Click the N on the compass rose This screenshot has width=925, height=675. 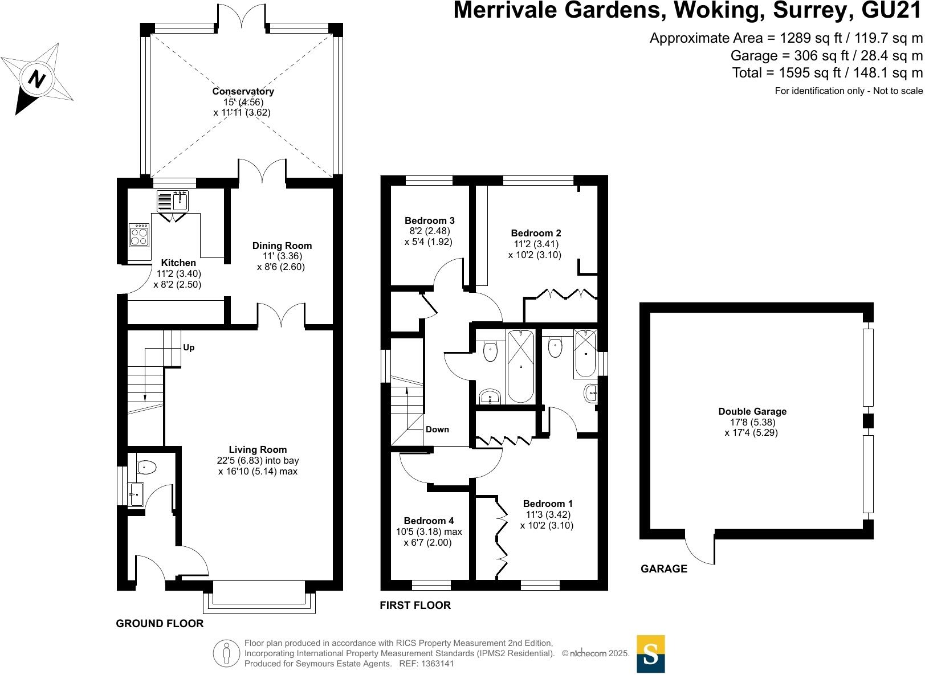tap(36, 79)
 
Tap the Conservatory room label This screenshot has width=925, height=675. tap(243, 91)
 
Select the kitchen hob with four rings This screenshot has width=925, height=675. tap(139, 235)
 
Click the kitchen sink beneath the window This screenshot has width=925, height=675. tap(173, 201)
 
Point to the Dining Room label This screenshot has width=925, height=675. tap(282, 246)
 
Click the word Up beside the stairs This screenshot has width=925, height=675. tap(189, 347)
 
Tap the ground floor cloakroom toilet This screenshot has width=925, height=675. tap(146, 467)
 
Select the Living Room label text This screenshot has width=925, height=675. tap(258, 449)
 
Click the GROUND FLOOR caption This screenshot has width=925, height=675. tap(160, 623)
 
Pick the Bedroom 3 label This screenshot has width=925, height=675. tap(430, 220)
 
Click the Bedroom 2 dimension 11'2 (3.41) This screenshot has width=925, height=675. tap(536, 244)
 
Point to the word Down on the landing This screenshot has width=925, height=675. tap(437, 429)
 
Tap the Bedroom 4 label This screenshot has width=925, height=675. tap(429, 521)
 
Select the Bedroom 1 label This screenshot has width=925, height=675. tap(548, 504)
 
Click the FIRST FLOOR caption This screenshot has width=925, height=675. tap(415, 606)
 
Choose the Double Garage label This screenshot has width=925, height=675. tap(752, 411)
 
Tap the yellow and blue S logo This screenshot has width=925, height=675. tap(651, 654)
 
